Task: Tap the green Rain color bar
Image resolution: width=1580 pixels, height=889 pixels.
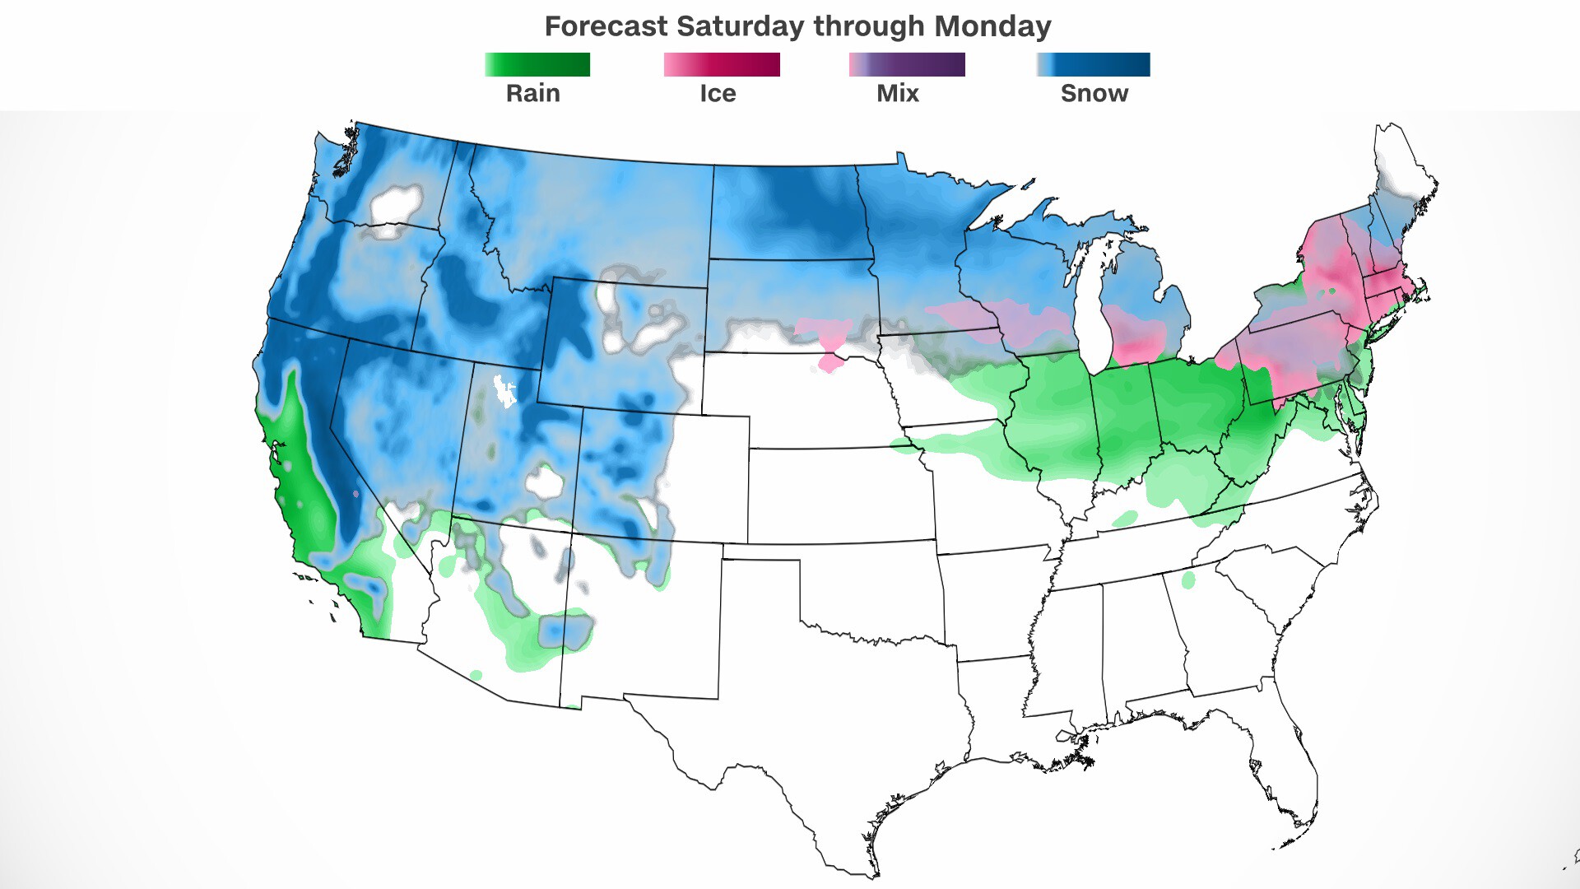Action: click(x=537, y=64)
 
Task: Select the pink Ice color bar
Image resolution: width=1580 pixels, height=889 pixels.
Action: click(x=722, y=64)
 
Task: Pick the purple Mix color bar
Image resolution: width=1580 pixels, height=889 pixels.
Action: click(x=906, y=64)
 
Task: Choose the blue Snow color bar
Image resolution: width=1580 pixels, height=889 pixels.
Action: click(x=1093, y=64)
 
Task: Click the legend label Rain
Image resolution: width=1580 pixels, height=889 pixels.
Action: click(x=532, y=93)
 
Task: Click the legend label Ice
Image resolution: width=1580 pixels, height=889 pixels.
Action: click(x=718, y=93)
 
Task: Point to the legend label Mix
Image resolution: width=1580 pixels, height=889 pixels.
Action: click(x=897, y=93)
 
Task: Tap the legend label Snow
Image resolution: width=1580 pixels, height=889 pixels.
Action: click(x=1094, y=93)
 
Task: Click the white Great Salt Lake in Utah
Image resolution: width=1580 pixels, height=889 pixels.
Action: click(x=504, y=390)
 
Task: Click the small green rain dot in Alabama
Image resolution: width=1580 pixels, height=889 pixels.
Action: click(x=1187, y=580)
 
